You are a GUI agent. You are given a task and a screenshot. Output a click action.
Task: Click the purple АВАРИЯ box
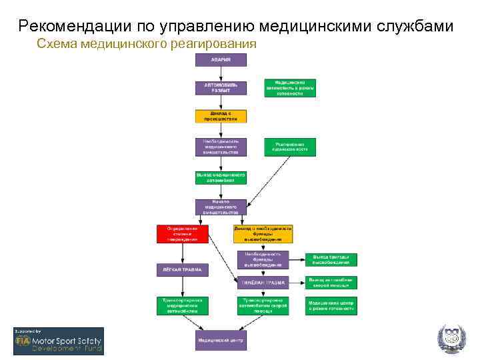click(221, 59)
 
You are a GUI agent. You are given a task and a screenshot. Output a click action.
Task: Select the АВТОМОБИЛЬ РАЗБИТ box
click(221, 87)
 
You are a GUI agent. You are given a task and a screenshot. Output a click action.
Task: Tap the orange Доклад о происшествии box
click(221, 115)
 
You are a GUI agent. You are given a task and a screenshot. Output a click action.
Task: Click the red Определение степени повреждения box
click(183, 233)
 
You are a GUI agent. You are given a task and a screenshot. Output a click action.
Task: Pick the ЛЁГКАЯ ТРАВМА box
click(183, 270)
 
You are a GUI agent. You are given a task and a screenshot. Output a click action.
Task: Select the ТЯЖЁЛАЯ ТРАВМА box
click(263, 283)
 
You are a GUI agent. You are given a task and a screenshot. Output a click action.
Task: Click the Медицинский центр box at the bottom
click(221, 339)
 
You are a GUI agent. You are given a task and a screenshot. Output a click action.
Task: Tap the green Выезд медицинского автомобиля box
click(221, 177)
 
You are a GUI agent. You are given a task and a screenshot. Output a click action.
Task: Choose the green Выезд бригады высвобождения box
click(331, 260)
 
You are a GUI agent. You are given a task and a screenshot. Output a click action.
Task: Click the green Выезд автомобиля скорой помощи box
click(331, 283)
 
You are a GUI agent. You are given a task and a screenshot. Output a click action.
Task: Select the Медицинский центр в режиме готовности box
click(331, 305)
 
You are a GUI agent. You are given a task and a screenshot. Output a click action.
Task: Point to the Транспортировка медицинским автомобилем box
click(183, 305)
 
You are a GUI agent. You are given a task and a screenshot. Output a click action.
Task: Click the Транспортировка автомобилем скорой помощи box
click(263, 305)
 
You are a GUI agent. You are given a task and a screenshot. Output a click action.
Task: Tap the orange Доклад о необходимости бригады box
click(263, 233)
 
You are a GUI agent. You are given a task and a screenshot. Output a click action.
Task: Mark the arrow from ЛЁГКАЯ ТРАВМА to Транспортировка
click(183, 287)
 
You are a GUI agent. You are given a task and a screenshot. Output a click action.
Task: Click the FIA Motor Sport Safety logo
click(59, 341)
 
